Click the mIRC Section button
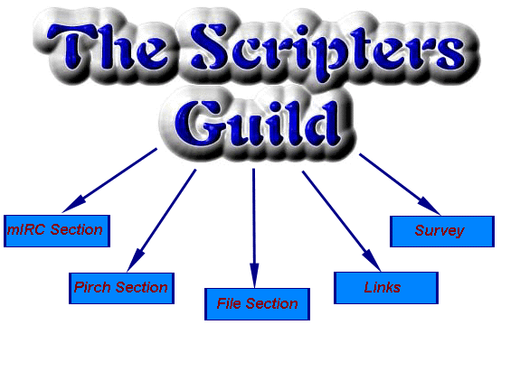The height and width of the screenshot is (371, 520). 57,231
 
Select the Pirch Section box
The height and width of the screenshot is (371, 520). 121,288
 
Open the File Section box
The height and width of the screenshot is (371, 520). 258,304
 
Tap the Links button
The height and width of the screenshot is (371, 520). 386,288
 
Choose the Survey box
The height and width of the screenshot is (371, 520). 442,231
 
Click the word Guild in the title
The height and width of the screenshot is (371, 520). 257,124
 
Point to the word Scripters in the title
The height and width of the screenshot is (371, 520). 327,50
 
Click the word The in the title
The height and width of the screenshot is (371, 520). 107,47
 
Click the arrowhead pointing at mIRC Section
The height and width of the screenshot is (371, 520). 73,206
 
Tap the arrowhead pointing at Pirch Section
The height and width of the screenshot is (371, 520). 135,261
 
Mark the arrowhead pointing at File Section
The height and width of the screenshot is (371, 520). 254,275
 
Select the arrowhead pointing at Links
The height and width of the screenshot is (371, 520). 372,261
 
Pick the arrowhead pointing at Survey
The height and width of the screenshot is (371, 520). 430,207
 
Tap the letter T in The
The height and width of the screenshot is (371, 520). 71,47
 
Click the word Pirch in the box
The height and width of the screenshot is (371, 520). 92,287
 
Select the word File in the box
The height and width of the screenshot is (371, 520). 229,303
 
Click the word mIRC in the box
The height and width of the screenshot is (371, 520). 26,229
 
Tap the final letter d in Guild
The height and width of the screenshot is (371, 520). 324,123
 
